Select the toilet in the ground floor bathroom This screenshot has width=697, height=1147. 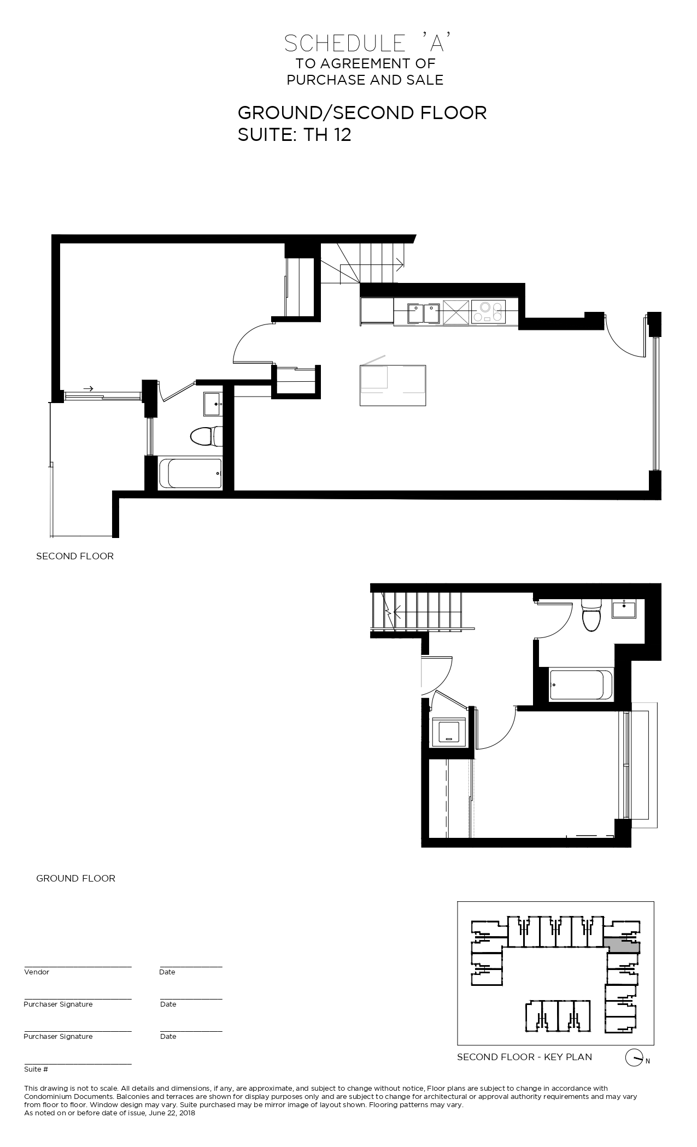click(590, 614)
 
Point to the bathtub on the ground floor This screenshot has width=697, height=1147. click(581, 685)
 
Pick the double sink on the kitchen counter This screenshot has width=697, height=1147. click(424, 312)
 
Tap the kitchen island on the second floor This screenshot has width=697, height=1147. click(393, 386)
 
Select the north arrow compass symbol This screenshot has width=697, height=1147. click(633, 1058)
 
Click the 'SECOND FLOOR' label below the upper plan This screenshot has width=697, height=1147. click(75, 556)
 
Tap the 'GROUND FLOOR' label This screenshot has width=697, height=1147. click(75, 878)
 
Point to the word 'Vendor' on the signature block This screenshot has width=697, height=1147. click(37, 972)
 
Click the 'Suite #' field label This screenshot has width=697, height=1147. click(36, 1069)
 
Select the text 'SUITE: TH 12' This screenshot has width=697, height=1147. click(294, 134)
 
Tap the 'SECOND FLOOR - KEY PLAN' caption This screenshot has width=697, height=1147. click(524, 1057)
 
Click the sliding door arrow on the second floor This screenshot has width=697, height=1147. click(88, 389)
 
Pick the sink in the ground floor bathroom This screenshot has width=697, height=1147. click(624, 608)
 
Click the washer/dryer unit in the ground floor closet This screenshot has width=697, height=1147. click(449, 731)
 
